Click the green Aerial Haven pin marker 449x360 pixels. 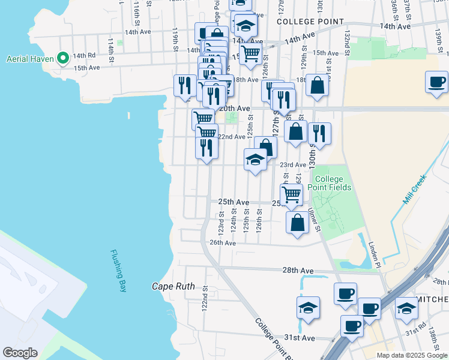(63, 58)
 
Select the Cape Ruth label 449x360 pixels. (173, 286)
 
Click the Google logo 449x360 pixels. (20, 353)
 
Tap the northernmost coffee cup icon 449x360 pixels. (436, 81)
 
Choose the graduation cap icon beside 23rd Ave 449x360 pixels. (255, 159)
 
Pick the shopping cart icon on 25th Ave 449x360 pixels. (291, 193)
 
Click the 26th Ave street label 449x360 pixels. (223, 243)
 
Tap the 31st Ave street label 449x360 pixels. (300, 338)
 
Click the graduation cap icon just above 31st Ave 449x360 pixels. (308, 307)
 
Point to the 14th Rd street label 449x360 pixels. (84, 56)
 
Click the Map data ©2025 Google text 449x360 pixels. (412, 355)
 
